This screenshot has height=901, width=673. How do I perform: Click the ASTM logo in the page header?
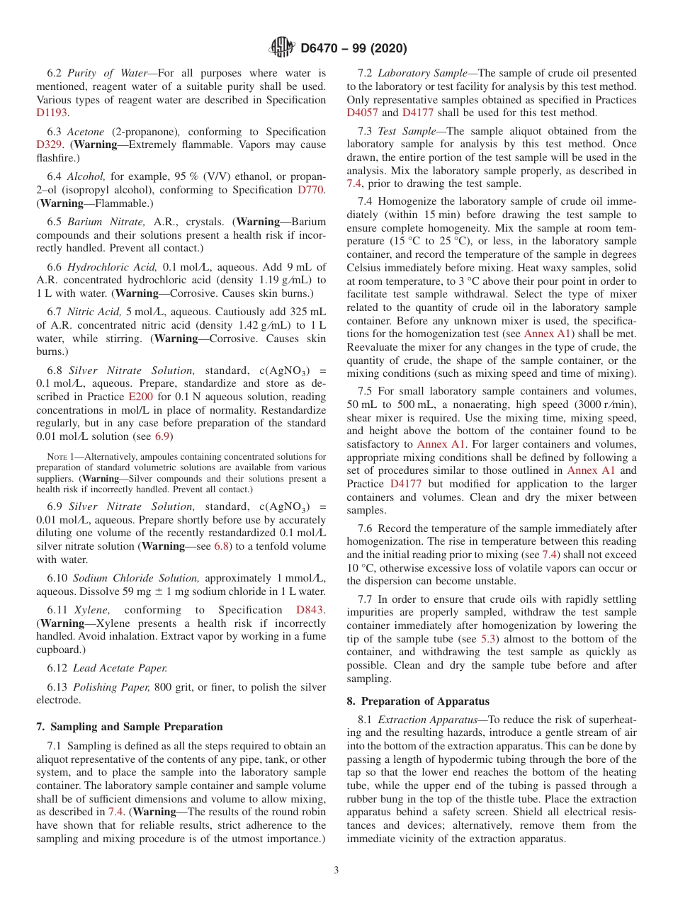pyautogui.click(x=282, y=48)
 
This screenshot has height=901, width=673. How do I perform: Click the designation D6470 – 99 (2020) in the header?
pyautogui.click(x=354, y=49)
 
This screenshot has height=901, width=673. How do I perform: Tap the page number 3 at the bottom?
pyautogui.click(x=336, y=870)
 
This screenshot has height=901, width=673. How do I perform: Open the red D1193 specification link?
pyautogui.click(x=52, y=113)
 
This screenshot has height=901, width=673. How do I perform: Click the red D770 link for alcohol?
pyautogui.click(x=311, y=190)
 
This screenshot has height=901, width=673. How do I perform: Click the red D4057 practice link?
pyautogui.click(x=362, y=113)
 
